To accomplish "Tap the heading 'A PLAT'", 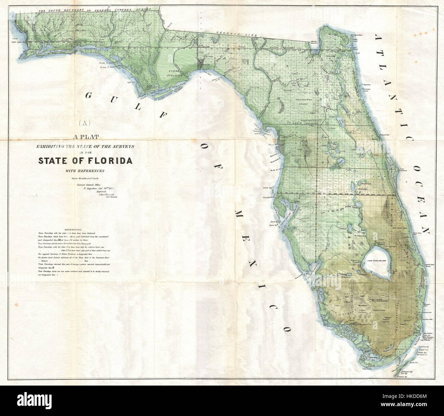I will click(x=86, y=137).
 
